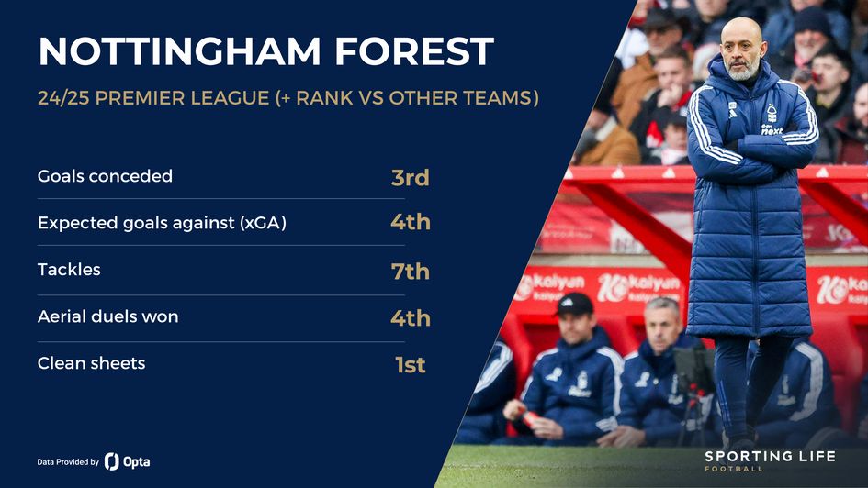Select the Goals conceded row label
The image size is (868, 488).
pyautogui.click(x=105, y=175)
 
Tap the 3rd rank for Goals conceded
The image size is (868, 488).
pyautogui.click(x=410, y=177)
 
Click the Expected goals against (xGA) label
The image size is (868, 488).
pyautogui.click(x=162, y=222)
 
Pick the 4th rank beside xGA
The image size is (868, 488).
pyautogui.click(x=410, y=222)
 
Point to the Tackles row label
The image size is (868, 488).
pyautogui.click(x=69, y=270)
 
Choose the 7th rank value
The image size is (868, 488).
pyautogui.click(x=410, y=272)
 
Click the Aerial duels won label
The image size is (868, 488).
pyautogui.click(x=107, y=316)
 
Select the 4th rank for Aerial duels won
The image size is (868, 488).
pyautogui.click(x=410, y=318)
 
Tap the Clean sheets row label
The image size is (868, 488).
pyautogui.click(x=91, y=363)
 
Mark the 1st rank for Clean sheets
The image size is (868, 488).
pyautogui.click(x=410, y=365)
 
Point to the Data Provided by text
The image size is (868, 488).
pyautogui.click(x=68, y=462)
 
